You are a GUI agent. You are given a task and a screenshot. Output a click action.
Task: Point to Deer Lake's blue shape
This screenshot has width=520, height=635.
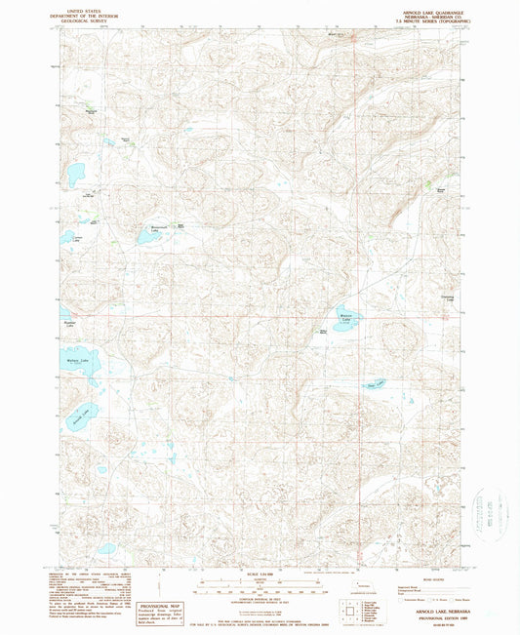point(374,383)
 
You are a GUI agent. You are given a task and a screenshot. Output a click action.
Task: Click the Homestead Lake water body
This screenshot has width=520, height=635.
point(156,233)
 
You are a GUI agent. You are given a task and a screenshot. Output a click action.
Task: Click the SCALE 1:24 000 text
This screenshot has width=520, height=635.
point(259,573)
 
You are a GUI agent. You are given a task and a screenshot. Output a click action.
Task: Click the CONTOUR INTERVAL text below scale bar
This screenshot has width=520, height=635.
point(259,598)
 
